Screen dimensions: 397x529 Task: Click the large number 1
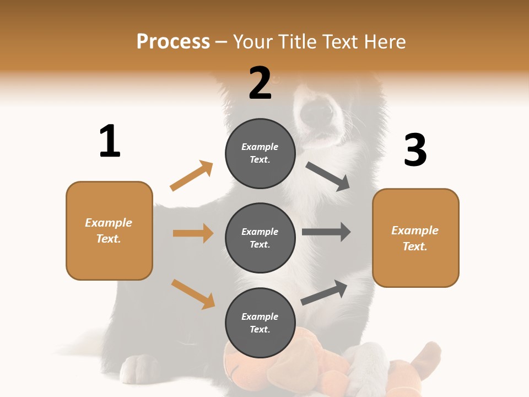click(x=110, y=142)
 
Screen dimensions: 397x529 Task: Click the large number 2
click(x=260, y=83)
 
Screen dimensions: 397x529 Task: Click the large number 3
click(x=415, y=151)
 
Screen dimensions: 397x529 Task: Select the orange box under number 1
click(x=109, y=230)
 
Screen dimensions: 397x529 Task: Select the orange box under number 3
click(x=415, y=238)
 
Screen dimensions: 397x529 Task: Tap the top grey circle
click(x=260, y=153)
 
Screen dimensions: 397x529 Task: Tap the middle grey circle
click(x=260, y=238)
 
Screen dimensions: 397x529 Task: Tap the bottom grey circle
click(x=260, y=323)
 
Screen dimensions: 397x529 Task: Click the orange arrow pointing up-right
click(x=191, y=176)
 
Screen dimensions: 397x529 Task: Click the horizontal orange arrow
click(x=193, y=233)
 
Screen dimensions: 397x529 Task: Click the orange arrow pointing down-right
click(x=193, y=294)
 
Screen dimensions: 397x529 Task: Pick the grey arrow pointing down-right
click(x=328, y=176)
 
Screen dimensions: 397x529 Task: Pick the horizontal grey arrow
click(x=326, y=232)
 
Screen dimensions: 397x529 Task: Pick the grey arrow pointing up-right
click(x=324, y=293)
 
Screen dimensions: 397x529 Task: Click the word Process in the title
click(x=173, y=42)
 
